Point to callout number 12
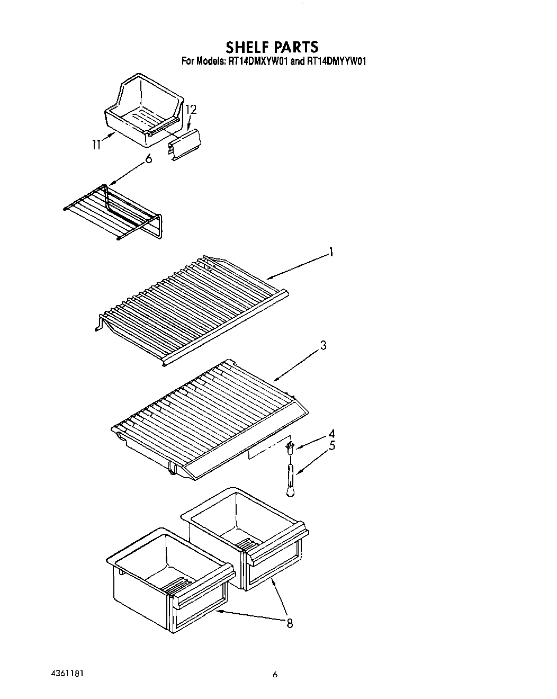(191, 110)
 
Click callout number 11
(96, 144)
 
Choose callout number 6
(149, 159)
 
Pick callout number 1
(331, 253)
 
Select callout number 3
(323, 346)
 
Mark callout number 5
(331, 446)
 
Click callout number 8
(289, 623)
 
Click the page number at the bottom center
(275, 675)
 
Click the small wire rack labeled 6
(114, 212)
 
